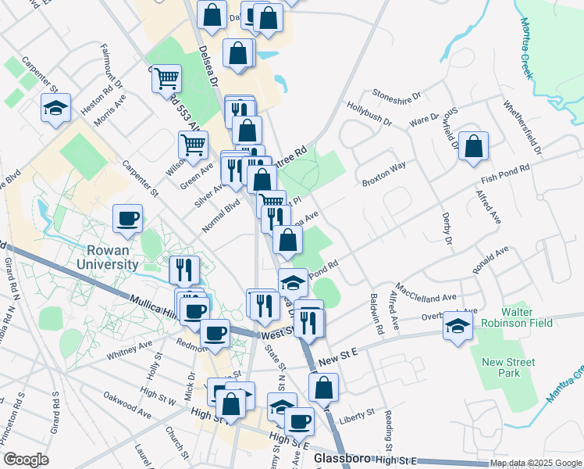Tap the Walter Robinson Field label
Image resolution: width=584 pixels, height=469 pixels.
tap(528, 317)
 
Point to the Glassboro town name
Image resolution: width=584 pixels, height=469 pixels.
tap(343, 458)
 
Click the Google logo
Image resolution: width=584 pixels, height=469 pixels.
tap(26, 460)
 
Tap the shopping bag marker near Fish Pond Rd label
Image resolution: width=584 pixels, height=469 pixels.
tap(473, 146)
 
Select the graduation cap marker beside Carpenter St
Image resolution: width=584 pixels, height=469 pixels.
tap(56, 109)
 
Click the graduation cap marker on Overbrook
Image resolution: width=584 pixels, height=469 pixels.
tap(458, 325)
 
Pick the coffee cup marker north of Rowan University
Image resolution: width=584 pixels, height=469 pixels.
tap(127, 220)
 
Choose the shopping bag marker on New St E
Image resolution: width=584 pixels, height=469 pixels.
tap(323, 387)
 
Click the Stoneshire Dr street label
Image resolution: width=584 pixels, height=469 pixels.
tap(396, 95)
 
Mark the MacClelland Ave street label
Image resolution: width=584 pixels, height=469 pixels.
tap(426, 292)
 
